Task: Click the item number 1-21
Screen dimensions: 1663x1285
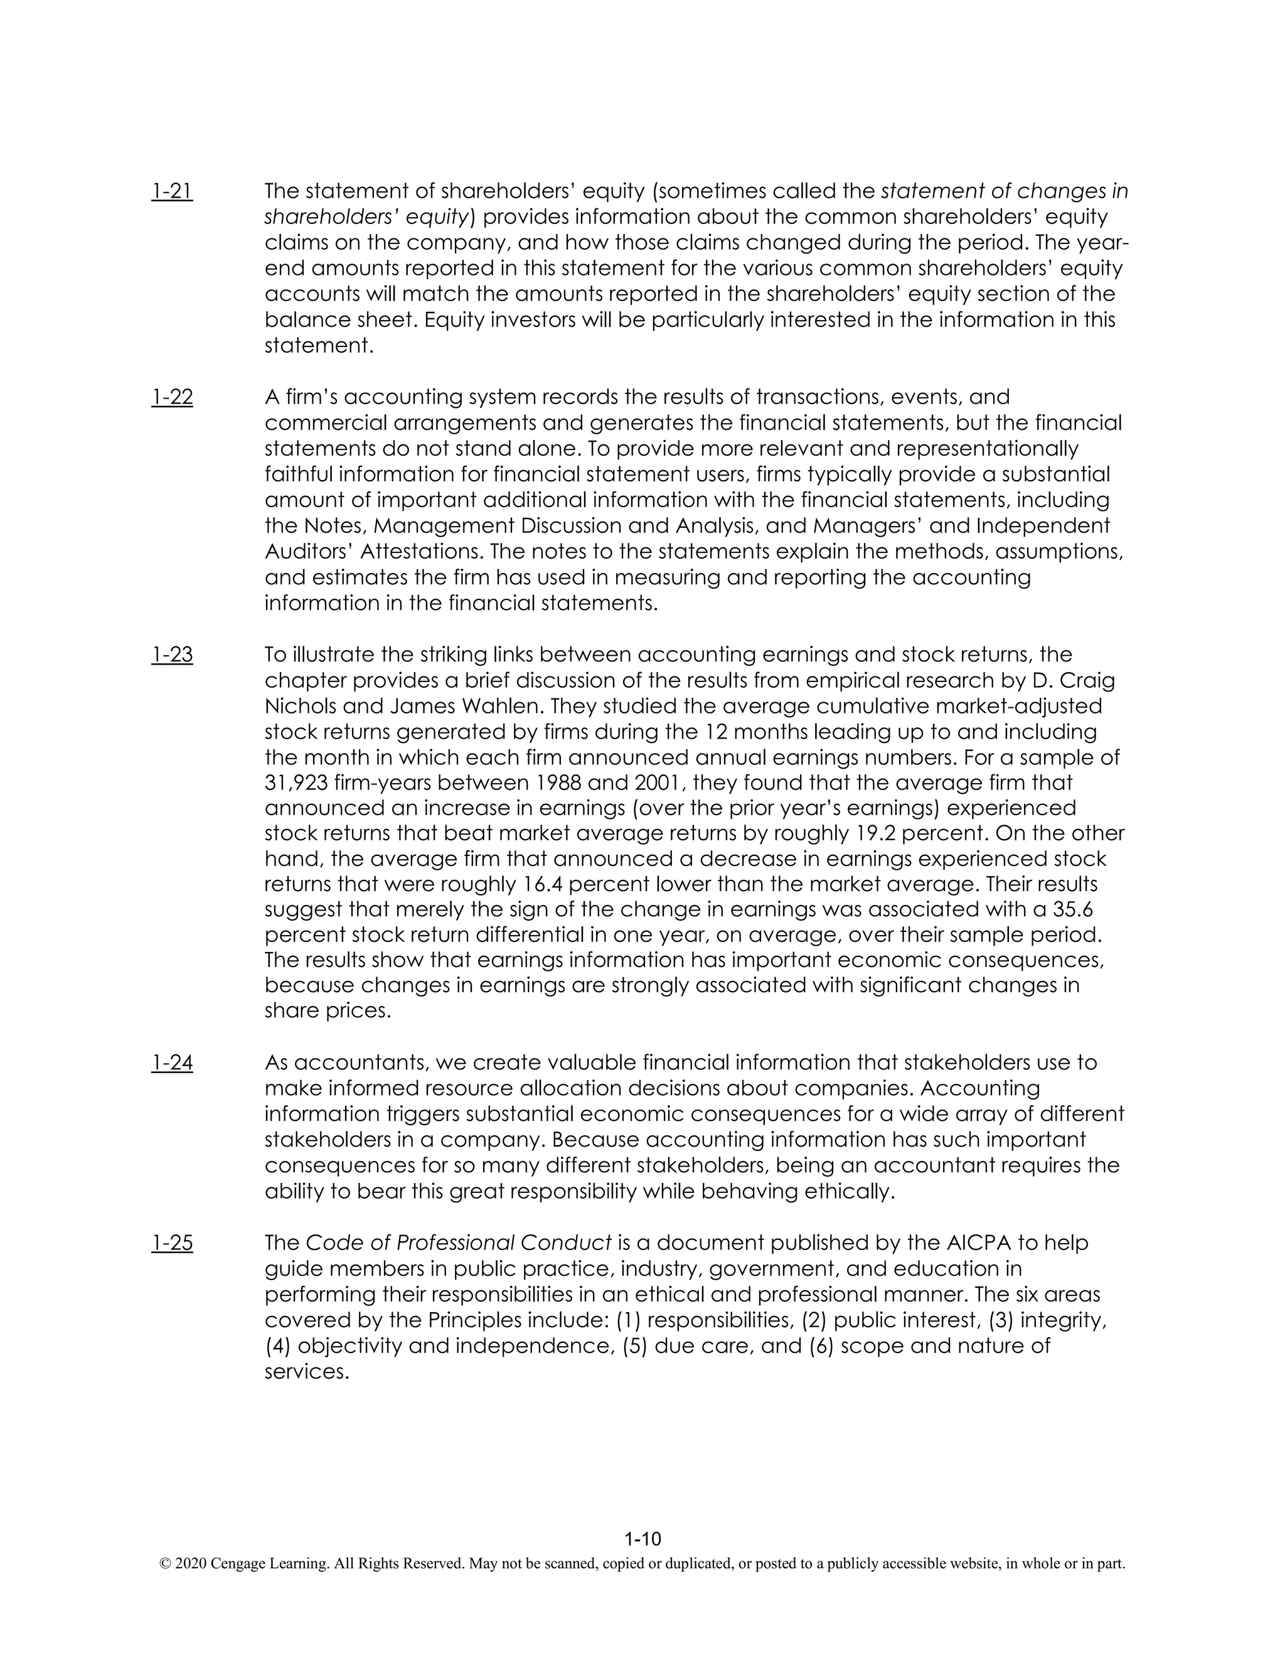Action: pyautogui.click(x=172, y=191)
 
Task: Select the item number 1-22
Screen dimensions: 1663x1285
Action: pyautogui.click(x=172, y=397)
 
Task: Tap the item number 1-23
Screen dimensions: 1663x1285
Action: pyautogui.click(x=172, y=655)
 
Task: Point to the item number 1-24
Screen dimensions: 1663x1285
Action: pyautogui.click(x=172, y=1063)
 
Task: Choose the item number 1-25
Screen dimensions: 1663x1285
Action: pyautogui.click(x=172, y=1243)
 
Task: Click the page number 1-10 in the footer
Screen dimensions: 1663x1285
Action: pyautogui.click(x=642, y=1539)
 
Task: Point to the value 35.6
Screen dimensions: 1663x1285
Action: pyautogui.click(x=1079, y=910)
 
